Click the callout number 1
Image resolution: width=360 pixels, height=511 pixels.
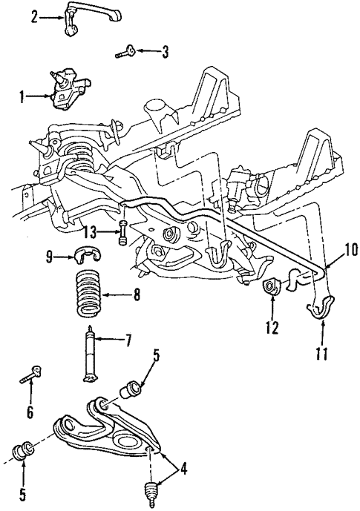point(22,97)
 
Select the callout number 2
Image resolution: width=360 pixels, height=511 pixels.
point(35,17)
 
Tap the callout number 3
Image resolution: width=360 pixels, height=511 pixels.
point(165,51)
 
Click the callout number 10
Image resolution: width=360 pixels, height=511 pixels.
point(351,251)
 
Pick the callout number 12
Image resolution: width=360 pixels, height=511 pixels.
point(272,328)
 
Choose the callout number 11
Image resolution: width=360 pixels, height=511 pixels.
point(322,354)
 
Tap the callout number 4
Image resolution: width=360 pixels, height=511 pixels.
point(183,469)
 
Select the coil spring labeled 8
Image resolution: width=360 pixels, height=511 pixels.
point(88,295)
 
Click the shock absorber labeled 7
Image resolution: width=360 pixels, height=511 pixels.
point(89,354)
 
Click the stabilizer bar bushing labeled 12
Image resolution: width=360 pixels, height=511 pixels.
point(271,286)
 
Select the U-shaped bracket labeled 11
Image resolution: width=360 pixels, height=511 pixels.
point(321,306)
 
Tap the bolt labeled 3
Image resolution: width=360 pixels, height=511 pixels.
point(125,52)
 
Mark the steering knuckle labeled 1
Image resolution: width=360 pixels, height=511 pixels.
point(68,89)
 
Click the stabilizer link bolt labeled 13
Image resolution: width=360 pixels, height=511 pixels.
point(122,234)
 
